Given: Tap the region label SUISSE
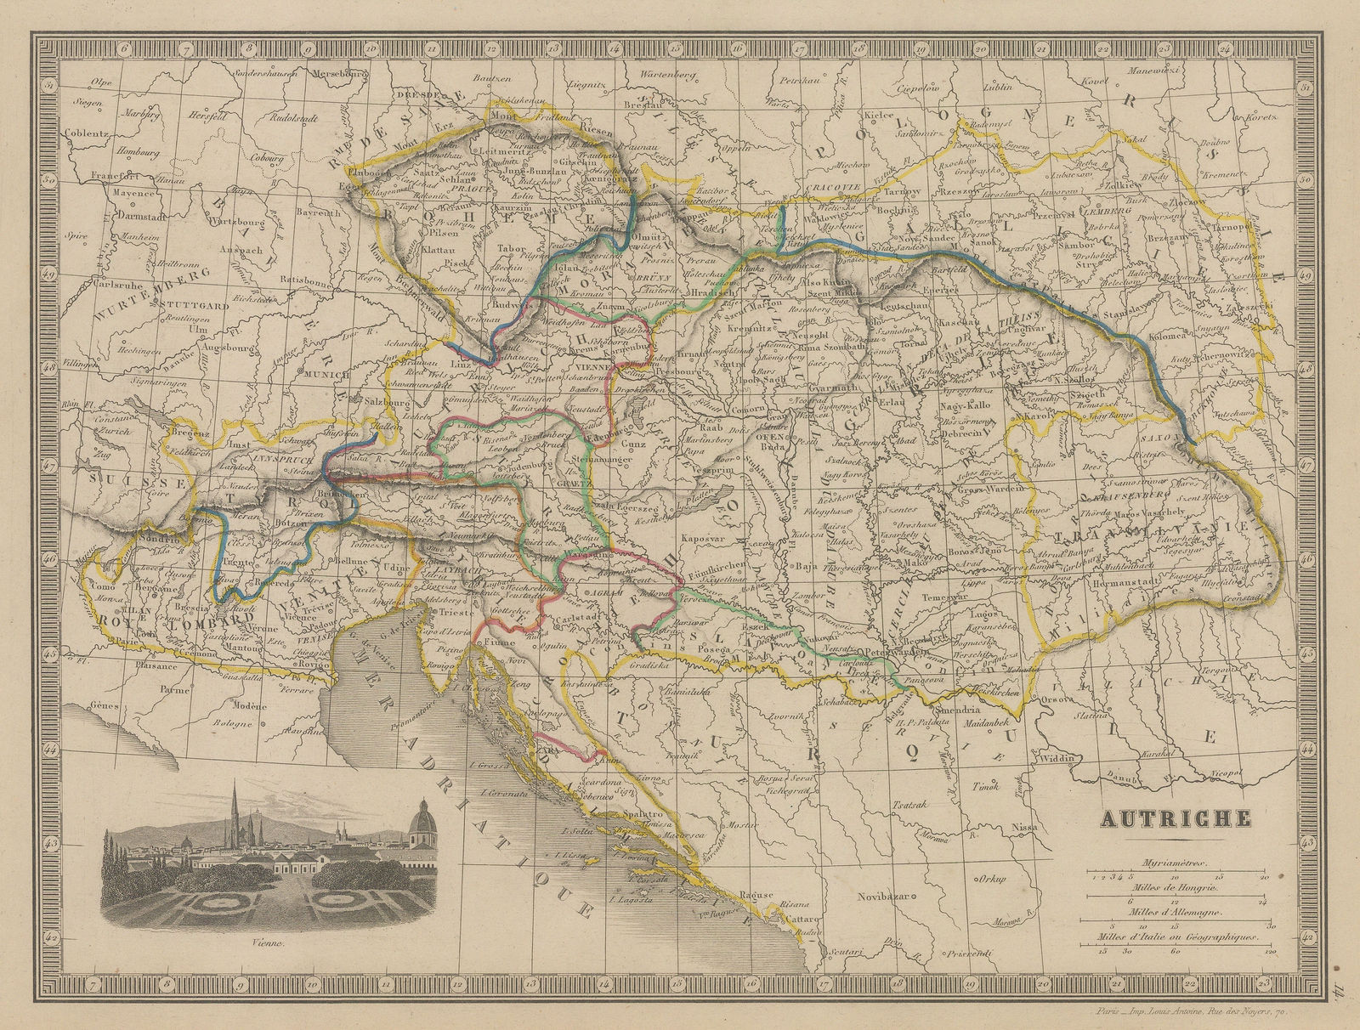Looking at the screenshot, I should click(110, 481).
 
